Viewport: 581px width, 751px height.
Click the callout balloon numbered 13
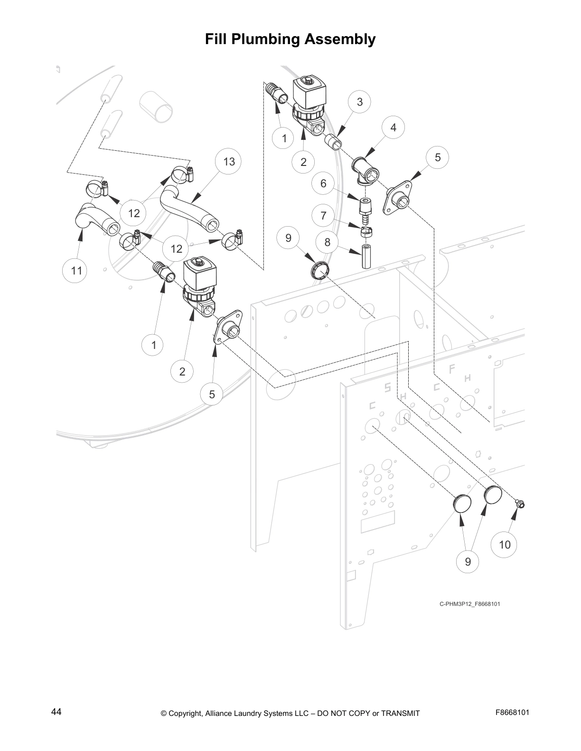229,162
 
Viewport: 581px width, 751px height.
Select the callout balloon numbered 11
76,271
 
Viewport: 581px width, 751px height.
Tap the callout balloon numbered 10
505,544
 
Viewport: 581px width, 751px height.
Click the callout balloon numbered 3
360,101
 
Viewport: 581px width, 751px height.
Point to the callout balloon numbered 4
393,127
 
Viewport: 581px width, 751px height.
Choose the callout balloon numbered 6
323,183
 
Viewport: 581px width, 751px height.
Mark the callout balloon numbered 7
323,216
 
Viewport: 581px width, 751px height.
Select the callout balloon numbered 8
327,242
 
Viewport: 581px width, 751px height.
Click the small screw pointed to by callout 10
520,505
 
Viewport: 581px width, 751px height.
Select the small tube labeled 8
365,257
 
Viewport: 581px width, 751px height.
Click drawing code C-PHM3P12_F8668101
469,604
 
